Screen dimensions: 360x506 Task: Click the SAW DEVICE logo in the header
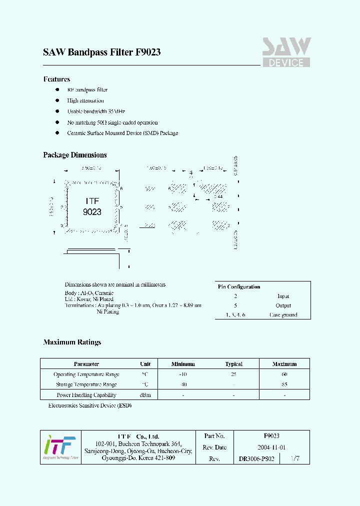(x=286, y=52)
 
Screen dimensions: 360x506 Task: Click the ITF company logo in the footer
(x=59, y=447)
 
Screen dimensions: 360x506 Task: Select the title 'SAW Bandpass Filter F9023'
(x=101, y=52)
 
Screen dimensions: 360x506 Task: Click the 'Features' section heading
(x=56, y=79)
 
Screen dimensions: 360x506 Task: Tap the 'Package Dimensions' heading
(x=75, y=155)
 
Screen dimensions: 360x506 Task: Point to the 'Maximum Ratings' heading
(x=72, y=342)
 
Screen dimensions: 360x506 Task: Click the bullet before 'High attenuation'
(x=57, y=100)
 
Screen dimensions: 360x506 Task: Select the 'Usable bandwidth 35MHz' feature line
(x=96, y=111)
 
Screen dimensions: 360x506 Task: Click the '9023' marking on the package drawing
(x=92, y=212)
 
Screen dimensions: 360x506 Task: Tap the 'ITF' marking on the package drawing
(x=92, y=201)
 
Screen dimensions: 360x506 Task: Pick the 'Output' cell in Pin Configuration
(x=283, y=305)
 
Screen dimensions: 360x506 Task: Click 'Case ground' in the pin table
(x=283, y=315)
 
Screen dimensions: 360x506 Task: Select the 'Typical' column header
(x=233, y=364)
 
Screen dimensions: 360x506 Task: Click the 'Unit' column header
(x=145, y=364)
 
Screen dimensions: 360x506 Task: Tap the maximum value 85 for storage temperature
(x=284, y=384)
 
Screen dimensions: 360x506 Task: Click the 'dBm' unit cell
(x=145, y=395)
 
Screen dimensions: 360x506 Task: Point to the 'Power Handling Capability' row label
(x=86, y=395)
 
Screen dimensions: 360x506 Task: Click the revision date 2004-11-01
(x=271, y=447)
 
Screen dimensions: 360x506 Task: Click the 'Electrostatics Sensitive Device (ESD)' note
(x=89, y=405)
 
